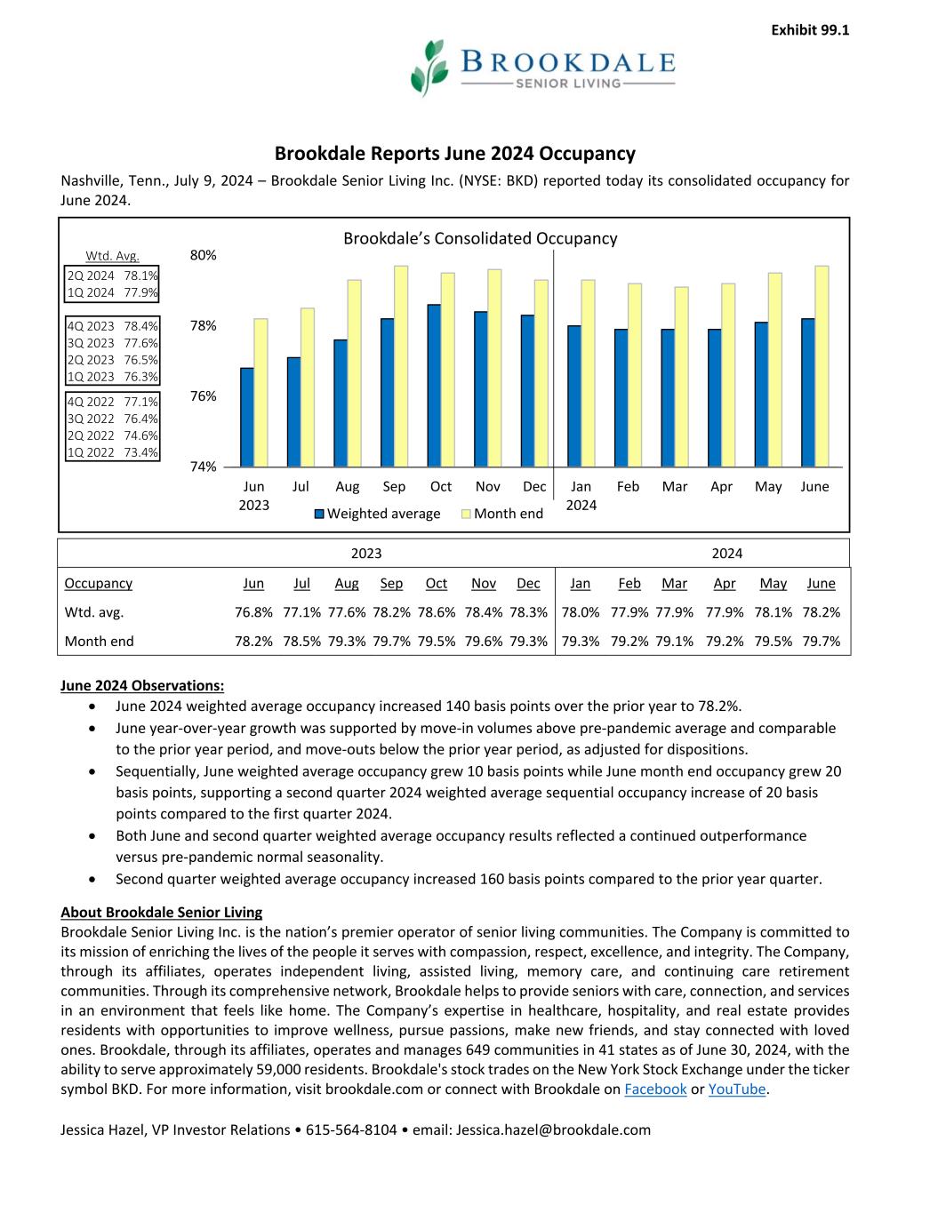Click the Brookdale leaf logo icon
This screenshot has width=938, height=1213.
click(x=429, y=67)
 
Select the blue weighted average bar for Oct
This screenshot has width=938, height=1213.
click(x=434, y=386)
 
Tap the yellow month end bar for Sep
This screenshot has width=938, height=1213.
click(x=401, y=366)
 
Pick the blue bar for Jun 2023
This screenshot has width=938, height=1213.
click(x=247, y=417)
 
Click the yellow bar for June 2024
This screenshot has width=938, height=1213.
click(x=822, y=366)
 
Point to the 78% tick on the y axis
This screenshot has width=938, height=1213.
click(x=204, y=326)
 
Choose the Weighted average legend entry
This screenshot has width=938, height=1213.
click(x=377, y=514)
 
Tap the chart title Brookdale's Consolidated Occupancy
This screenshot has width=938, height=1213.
click(x=480, y=238)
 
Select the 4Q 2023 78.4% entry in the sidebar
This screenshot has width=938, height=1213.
click(x=113, y=326)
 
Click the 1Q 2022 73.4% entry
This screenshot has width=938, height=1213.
click(x=113, y=452)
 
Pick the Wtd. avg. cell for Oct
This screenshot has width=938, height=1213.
click(x=437, y=612)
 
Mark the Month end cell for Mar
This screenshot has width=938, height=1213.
click(x=674, y=641)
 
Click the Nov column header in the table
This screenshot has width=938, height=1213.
click(x=484, y=584)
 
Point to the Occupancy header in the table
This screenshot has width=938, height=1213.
click(x=99, y=584)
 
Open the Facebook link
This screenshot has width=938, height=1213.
click(x=655, y=1089)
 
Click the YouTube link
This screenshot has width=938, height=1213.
click(x=736, y=1089)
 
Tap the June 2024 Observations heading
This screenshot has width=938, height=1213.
click(x=142, y=685)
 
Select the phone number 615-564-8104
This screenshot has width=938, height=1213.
click(x=351, y=1130)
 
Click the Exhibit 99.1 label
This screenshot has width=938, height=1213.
click(x=810, y=30)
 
